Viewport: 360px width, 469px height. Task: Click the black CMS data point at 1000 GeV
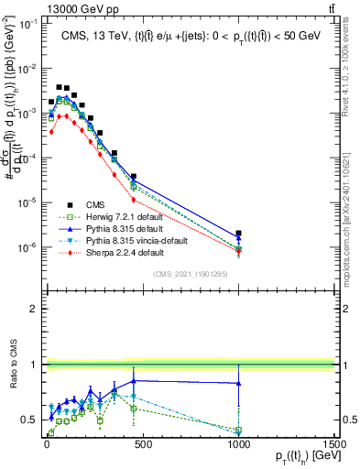point(238,234)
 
